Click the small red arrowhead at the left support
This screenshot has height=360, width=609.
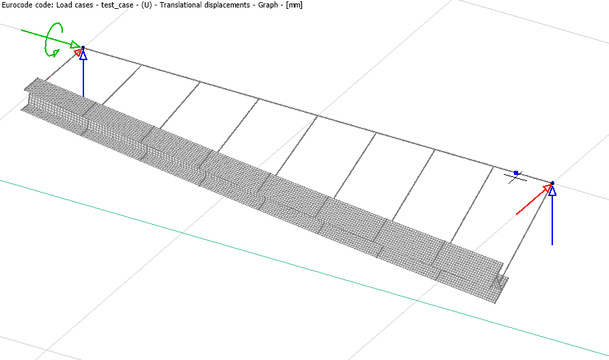point(79,51)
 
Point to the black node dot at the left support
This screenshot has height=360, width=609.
point(83,48)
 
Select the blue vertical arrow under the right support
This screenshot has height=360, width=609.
point(552,219)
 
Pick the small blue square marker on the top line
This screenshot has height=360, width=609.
point(516,173)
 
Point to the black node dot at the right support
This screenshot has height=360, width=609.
point(552,183)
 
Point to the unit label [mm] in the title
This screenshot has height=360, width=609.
point(294,5)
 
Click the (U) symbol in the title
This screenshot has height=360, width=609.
point(146,5)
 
